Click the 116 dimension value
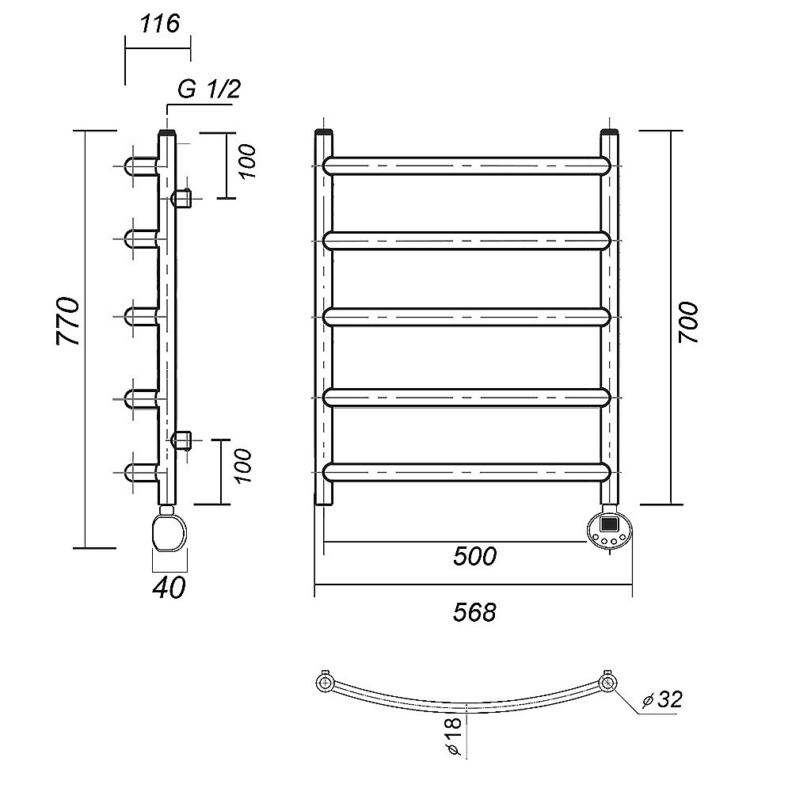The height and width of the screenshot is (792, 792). pos(160,24)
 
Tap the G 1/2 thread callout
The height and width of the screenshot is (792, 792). pos(208,89)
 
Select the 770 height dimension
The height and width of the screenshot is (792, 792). pos(68,322)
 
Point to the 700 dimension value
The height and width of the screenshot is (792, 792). pos(688,323)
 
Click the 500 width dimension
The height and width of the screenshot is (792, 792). pos(474,556)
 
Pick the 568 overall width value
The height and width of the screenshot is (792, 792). pos(474,613)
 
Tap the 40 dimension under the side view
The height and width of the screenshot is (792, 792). pos(169,588)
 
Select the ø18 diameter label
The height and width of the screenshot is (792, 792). pos(455,736)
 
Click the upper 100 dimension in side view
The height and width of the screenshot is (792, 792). pos(247,161)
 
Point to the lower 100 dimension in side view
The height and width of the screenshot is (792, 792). pos(243,465)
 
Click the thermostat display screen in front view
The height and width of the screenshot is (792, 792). pos(608,524)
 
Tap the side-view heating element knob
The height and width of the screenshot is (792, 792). pos(169,533)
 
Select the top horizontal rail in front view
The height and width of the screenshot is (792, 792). pos(466,166)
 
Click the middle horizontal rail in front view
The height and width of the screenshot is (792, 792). pos(466,317)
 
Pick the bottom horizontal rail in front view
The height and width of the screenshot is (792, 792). pos(466,472)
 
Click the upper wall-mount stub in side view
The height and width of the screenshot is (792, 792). pos(181,198)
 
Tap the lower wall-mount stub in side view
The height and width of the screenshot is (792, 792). pos(181,440)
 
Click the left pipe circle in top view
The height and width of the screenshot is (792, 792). pos(324,684)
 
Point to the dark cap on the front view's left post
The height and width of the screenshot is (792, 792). pos(324,133)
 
